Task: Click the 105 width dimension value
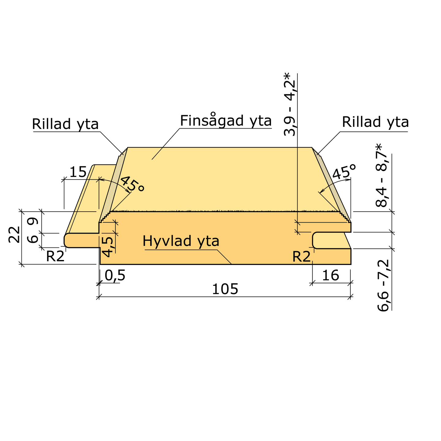pos(225,289)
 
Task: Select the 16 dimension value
pos(330,275)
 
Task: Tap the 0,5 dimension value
pos(115,275)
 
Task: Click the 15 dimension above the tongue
pos(78,172)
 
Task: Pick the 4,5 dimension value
pos(107,247)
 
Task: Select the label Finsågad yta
pos(226,121)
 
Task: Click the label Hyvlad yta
pos(181,241)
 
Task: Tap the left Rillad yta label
pos(65,124)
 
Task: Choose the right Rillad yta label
pos(375,122)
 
